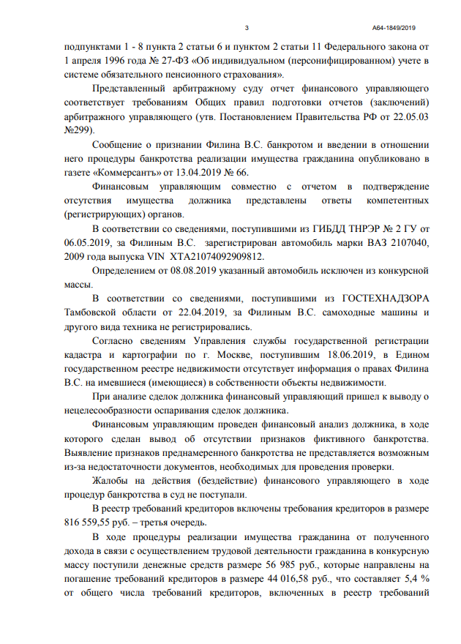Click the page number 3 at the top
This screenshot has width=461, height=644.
pos(247,28)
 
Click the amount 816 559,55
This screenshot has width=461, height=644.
pos(91,523)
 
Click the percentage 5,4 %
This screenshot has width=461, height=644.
pos(416,579)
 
